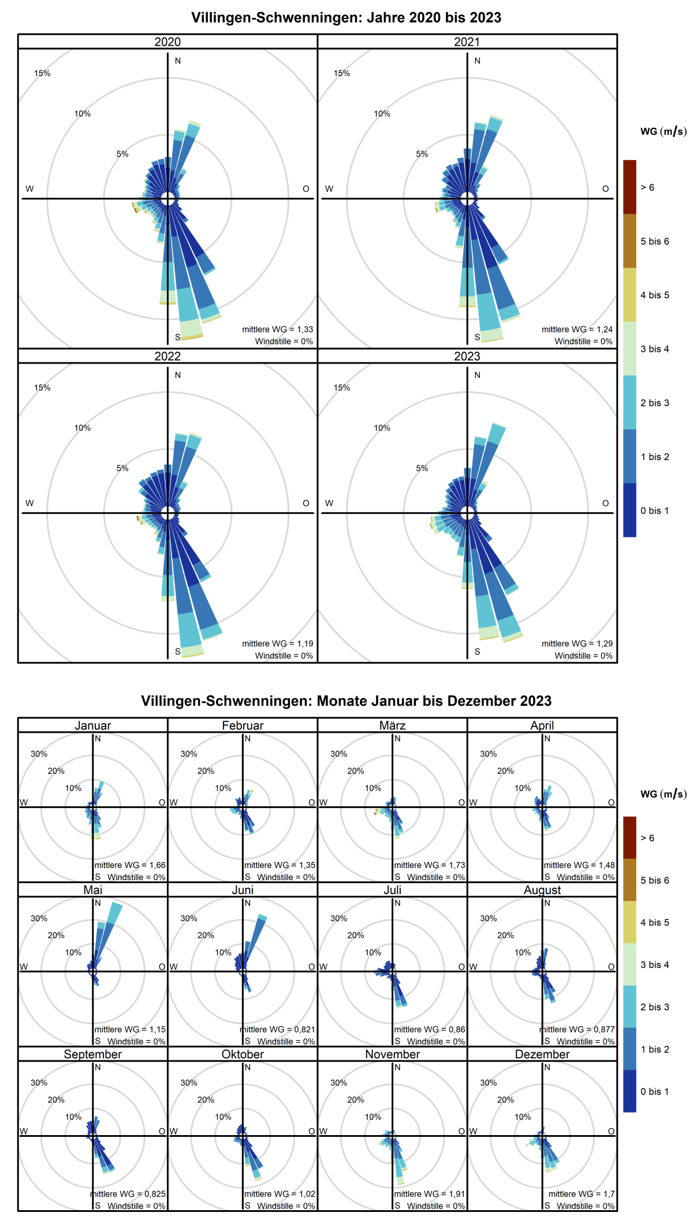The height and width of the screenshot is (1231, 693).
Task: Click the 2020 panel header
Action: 167,42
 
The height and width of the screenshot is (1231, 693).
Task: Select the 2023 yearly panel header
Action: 467,356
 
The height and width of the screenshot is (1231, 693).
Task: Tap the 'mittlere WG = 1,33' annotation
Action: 277,329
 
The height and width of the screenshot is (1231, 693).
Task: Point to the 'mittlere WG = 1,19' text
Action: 277,643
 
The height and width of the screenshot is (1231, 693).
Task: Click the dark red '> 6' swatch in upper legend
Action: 629,187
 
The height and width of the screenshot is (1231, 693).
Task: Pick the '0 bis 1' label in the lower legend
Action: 654,1091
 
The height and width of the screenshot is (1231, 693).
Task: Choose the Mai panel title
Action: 92,890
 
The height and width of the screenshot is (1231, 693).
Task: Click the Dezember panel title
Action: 542,1054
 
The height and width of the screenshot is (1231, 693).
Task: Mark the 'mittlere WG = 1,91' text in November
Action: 429,1193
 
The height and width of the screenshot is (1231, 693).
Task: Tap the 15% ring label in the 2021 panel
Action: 342,73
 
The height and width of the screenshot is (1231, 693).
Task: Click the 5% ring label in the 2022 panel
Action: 122,468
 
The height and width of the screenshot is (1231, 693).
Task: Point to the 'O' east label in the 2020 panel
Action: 306,189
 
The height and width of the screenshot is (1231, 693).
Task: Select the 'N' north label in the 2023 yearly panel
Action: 477,375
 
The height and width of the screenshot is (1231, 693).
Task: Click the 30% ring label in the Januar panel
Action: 39,754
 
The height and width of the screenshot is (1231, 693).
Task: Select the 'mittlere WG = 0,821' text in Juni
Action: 278,1029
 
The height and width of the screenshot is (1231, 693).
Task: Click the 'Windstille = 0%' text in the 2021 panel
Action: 583,342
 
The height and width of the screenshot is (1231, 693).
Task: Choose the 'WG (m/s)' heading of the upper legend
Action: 663,132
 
